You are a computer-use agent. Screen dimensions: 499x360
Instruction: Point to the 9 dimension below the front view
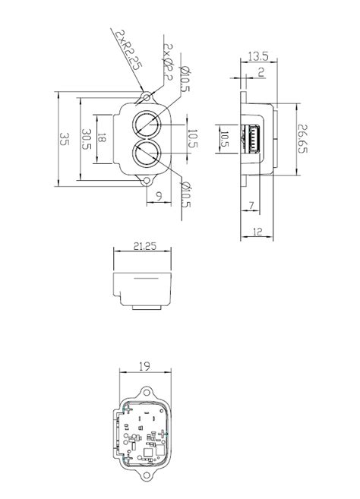tap(157, 197)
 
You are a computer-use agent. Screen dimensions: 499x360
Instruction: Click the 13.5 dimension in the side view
tap(258, 56)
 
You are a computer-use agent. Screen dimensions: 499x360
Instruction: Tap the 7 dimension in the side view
tap(250, 205)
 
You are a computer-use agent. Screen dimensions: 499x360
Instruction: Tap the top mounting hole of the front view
tap(145, 96)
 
